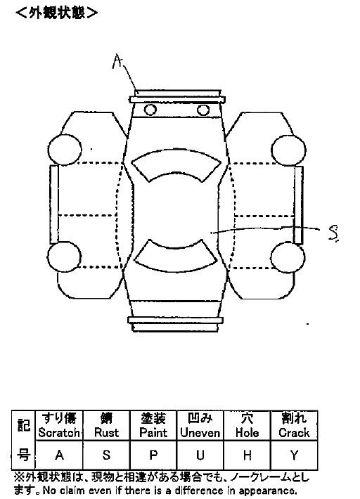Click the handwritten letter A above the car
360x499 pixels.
coord(117,61)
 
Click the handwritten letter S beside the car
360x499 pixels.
coord(333,233)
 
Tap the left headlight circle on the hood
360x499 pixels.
coord(150,110)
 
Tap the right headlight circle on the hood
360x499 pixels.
coord(203,110)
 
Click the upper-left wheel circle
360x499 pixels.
coord(65,150)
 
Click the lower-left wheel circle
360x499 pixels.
coord(65,257)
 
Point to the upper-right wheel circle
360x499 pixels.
coord(289,150)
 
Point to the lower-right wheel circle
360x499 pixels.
coord(288,257)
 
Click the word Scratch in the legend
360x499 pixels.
coord(59,433)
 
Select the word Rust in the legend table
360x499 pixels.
coord(107,433)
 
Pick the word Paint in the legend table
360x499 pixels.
coord(153,433)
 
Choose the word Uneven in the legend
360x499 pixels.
coord(200,433)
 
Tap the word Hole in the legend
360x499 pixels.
coord(247,433)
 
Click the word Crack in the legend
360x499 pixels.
coord(294,433)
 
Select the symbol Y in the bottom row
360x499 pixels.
coord(294,455)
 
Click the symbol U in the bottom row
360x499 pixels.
coord(200,455)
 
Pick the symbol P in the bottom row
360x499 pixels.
coord(153,455)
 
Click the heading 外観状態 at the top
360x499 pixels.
coord(57,13)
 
